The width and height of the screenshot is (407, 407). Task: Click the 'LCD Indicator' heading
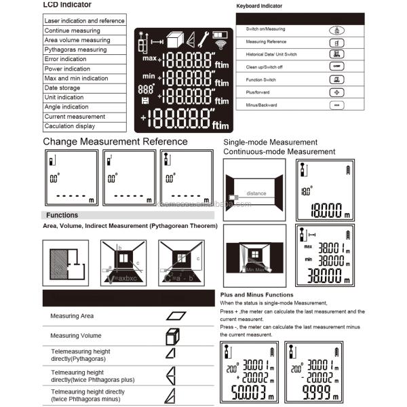pyautogui.click(x=67, y=5)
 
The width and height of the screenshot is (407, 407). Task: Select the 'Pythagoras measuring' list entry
pyautogui.click(x=75, y=50)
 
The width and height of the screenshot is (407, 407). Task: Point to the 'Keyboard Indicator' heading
pyautogui.click(x=259, y=6)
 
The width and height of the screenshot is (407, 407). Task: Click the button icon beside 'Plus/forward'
pyautogui.click(x=336, y=92)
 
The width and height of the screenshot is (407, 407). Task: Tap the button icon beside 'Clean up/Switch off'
pyautogui.click(x=336, y=66)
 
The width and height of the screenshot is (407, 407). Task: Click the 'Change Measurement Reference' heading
pyautogui.click(x=115, y=142)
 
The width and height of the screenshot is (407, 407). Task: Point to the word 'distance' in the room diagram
pyautogui.click(x=256, y=193)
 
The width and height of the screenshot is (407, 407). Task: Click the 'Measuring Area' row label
pyautogui.click(x=73, y=316)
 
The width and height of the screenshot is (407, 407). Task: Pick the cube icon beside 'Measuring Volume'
pyautogui.click(x=172, y=336)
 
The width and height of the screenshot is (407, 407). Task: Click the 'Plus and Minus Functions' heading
pyautogui.click(x=257, y=295)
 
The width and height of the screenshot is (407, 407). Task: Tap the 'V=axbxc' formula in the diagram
pyautogui.click(x=121, y=277)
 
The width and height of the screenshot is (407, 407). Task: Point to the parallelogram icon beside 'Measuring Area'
pyautogui.click(x=176, y=316)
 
